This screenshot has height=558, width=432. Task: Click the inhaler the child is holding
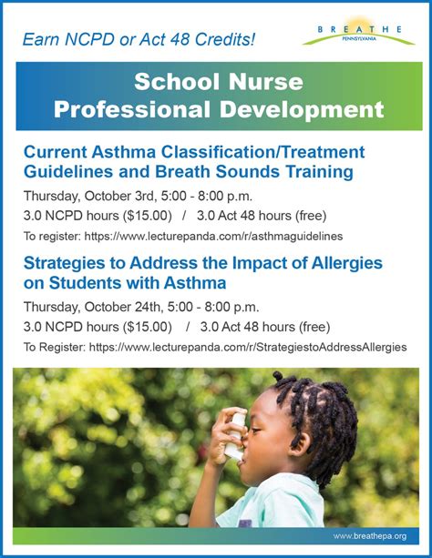236,435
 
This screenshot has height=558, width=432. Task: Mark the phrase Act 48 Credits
212,39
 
